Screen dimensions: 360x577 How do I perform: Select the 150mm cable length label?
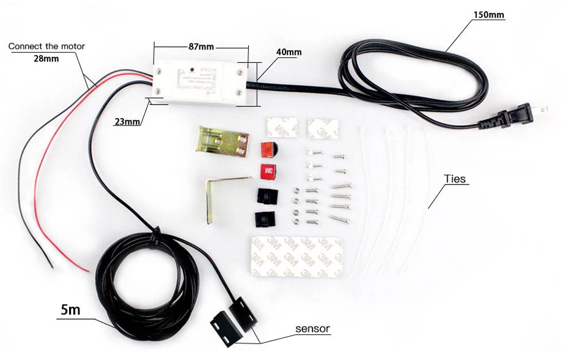coord(489,15)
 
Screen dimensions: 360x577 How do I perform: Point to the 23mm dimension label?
coord(127,121)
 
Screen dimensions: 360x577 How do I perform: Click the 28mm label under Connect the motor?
coord(46,59)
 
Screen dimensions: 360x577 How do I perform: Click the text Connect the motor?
coord(46,46)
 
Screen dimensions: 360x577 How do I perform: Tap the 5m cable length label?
coord(71,310)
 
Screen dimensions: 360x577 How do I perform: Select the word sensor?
coord(312,329)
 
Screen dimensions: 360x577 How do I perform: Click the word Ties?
coord(455,179)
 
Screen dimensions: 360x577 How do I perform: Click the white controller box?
coord(199,83)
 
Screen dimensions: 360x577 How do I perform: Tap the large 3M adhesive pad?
coord(296,257)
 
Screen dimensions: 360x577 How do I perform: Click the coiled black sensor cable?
coord(147,287)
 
